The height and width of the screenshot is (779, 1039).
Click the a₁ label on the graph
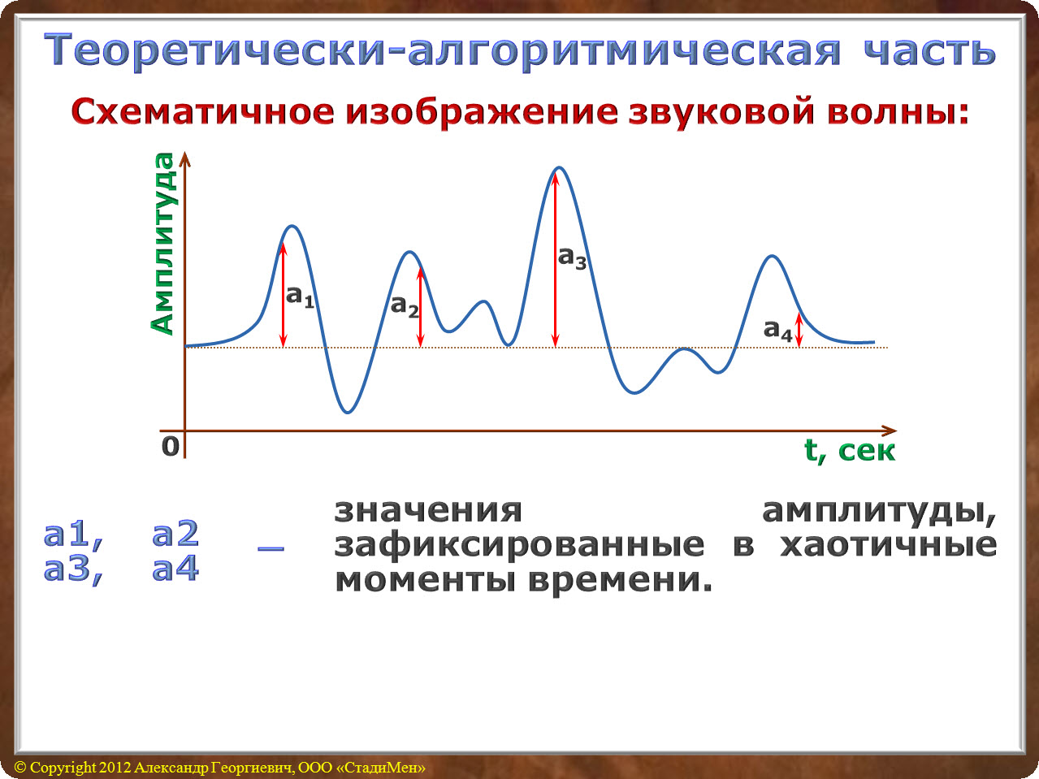(x=300, y=297)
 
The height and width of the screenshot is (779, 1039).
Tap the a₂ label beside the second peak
(x=405, y=307)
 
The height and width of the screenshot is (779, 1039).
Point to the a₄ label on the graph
(x=777, y=331)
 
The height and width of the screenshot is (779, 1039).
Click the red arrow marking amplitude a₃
(x=556, y=260)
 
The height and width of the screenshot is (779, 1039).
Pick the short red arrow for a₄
(x=799, y=331)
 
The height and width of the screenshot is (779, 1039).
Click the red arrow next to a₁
(x=283, y=296)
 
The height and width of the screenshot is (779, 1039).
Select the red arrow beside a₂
(x=420, y=308)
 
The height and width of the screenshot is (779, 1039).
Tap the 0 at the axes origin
(x=171, y=446)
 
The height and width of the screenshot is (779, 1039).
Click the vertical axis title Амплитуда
(x=162, y=244)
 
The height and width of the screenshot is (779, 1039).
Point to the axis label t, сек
(x=850, y=451)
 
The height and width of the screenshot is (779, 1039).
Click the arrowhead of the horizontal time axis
(x=889, y=431)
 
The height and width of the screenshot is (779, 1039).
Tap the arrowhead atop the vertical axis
(x=185, y=159)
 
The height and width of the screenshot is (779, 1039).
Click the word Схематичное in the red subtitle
(x=203, y=112)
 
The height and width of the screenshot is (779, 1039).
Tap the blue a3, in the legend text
(x=73, y=569)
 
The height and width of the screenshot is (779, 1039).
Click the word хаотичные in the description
(x=888, y=545)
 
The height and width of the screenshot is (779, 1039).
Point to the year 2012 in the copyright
(x=115, y=767)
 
